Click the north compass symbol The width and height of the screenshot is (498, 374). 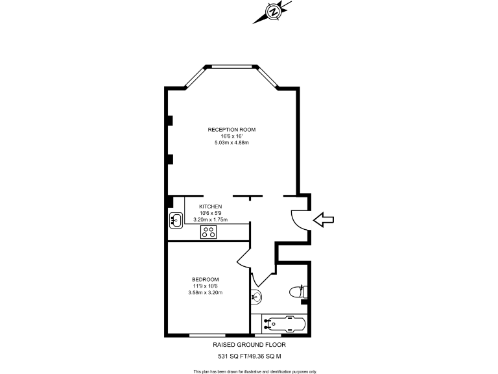pyautogui.click(x=274, y=12)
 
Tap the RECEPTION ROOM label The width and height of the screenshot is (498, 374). pyautogui.click(x=231, y=130)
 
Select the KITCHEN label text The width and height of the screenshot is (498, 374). pyautogui.click(x=210, y=206)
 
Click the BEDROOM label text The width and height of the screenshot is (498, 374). pyautogui.click(x=205, y=280)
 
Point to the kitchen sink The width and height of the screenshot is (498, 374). pyautogui.click(x=175, y=220)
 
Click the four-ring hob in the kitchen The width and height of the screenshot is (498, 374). pyautogui.click(x=209, y=231)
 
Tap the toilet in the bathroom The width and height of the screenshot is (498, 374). pyautogui.click(x=300, y=292)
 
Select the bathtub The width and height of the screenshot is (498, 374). pyautogui.click(x=280, y=323)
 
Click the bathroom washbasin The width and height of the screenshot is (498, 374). pyautogui.click(x=255, y=296)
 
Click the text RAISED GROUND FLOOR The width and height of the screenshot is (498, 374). pyautogui.click(x=249, y=345)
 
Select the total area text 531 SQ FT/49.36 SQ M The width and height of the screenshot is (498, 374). pyautogui.click(x=249, y=356)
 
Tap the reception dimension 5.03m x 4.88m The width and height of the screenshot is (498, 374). pyautogui.click(x=231, y=142)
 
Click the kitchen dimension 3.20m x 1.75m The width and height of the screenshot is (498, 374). pyautogui.click(x=210, y=219)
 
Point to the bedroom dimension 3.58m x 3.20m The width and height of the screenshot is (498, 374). pyautogui.click(x=205, y=293)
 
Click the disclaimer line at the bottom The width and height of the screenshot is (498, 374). pyautogui.click(x=255, y=371)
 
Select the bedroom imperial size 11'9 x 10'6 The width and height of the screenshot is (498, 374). pyautogui.click(x=205, y=286)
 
